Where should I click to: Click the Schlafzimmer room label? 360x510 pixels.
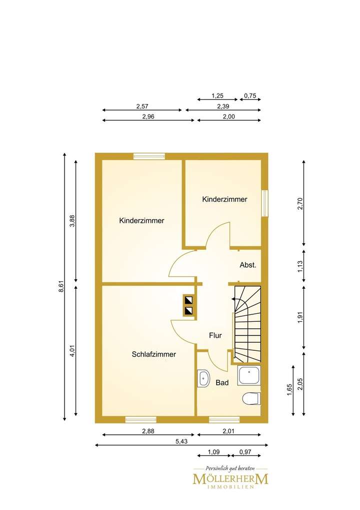coord(153,354)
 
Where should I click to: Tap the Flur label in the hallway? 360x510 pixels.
coord(215,336)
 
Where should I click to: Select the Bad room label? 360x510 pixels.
coord(222,383)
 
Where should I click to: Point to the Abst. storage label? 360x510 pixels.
coord(248,265)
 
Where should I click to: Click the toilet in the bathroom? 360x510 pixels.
coord(251,399)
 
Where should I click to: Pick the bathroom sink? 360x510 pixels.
coord(204,379)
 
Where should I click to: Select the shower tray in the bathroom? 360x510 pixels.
coord(249,375)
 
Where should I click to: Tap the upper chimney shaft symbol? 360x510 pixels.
coord(189,301)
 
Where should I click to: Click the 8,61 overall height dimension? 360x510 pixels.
coord(61,286)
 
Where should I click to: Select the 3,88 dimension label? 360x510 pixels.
coord(72,221)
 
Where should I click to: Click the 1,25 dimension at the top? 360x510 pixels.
coord(216,95)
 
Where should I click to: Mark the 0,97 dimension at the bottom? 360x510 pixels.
coord(245,452)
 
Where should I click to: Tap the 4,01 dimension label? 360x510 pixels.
coord(72,351)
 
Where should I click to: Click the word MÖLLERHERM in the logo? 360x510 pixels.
coord(230,479)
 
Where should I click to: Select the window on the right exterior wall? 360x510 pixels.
coord(265,203)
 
